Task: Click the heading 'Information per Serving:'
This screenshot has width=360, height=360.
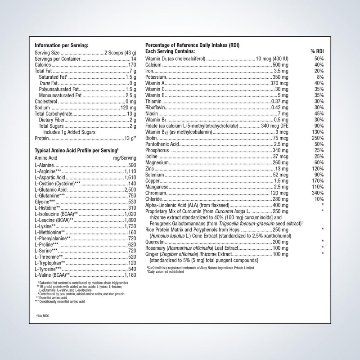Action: [x=62, y=45]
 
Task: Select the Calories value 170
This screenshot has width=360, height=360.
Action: [x=132, y=65]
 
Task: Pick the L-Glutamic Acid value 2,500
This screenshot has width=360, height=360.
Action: [x=129, y=190]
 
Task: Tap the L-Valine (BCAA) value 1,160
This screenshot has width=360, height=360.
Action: [x=129, y=274]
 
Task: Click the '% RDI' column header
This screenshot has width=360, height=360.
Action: [x=317, y=52]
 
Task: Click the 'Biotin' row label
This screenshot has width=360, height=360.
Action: [x=151, y=138]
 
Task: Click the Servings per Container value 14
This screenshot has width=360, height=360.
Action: [x=134, y=58]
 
